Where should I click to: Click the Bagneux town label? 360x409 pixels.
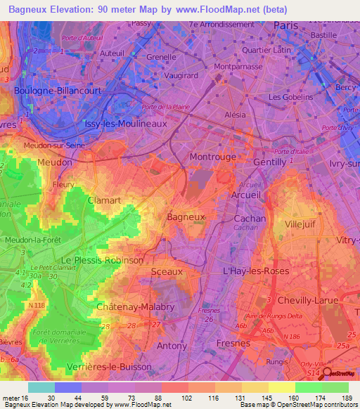coord(186,217)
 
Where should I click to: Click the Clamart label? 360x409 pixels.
coord(104,200)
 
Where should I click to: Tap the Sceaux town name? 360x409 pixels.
coord(167,271)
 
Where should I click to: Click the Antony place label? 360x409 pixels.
coord(172,346)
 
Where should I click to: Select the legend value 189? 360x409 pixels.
coord(346,398)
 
